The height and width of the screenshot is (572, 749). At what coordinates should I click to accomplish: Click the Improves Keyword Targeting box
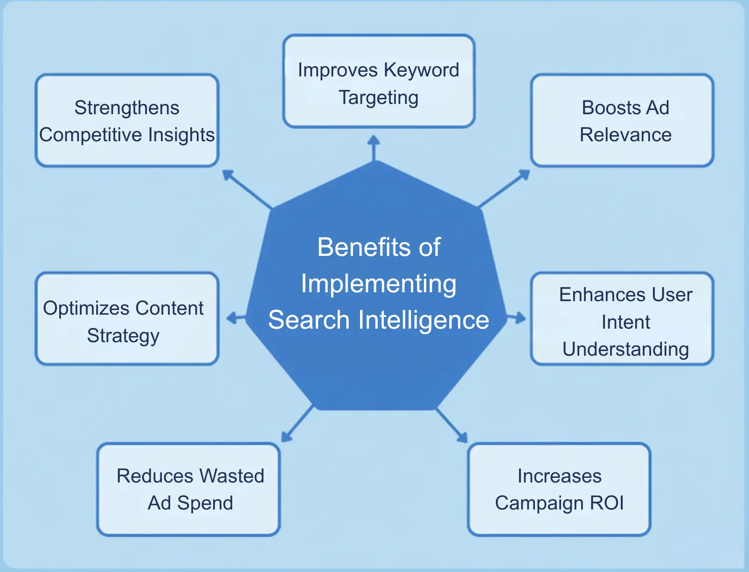(379, 81)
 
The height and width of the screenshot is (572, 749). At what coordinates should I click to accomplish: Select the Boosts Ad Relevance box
(622, 120)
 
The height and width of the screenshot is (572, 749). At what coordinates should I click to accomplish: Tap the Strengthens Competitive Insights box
(127, 120)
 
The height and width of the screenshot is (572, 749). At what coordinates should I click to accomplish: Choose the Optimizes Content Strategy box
(127, 319)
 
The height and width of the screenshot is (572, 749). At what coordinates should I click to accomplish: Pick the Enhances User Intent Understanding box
(622, 319)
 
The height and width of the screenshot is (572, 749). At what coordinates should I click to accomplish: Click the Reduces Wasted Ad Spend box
(188, 489)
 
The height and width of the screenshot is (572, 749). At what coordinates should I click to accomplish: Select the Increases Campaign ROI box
(559, 489)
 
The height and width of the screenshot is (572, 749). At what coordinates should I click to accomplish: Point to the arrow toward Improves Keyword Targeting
(374, 148)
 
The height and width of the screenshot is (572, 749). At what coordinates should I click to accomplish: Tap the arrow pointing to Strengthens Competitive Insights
(247, 188)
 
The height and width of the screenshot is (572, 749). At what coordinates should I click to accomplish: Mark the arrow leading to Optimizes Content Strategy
(236, 319)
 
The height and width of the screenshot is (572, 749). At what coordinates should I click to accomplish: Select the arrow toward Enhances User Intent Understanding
(516, 318)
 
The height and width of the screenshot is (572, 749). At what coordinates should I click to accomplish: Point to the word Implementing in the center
(379, 284)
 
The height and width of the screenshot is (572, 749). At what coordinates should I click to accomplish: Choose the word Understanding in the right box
(625, 349)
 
